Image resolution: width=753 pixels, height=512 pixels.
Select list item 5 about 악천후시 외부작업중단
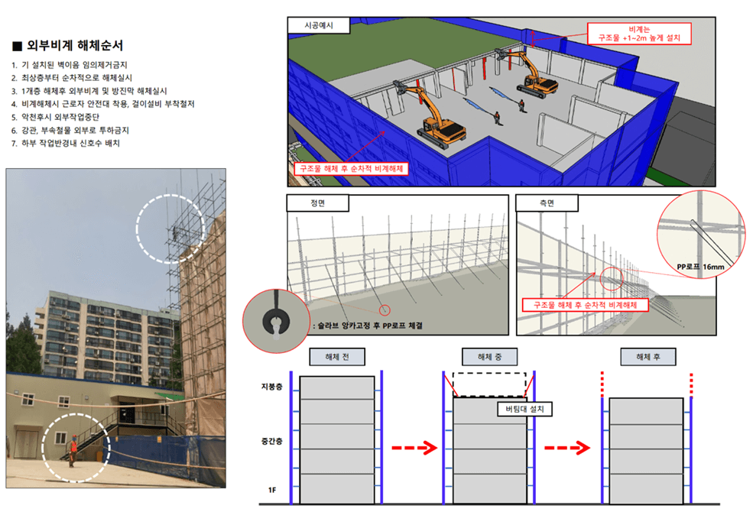(55, 117)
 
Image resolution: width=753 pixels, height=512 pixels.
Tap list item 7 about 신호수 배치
(65, 144)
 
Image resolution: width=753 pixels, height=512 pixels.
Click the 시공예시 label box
(318, 25)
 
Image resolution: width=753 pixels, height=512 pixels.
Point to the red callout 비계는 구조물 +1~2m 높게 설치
(639, 34)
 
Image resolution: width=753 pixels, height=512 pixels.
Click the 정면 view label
(318, 203)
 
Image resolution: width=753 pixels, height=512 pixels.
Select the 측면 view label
(547, 203)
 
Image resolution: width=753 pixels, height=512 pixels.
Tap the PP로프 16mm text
(700, 267)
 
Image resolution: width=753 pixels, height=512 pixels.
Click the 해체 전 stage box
(337, 357)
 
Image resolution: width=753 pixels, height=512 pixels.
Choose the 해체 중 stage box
(490, 357)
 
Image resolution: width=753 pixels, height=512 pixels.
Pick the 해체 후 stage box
(648, 357)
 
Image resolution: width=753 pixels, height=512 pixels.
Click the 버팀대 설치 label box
(524, 410)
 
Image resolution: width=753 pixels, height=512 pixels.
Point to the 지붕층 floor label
(272, 387)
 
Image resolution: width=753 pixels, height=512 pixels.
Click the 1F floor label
(272, 490)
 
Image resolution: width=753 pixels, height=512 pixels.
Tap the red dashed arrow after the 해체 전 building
(414, 448)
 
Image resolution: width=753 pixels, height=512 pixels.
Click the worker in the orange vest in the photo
(73, 450)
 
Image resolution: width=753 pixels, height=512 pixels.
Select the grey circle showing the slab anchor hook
(276, 321)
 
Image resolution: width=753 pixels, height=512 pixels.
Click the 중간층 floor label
(272, 442)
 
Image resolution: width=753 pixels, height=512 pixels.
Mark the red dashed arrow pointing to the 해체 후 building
(567, 448)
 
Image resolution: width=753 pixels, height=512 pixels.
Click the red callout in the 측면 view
(586, 305)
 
